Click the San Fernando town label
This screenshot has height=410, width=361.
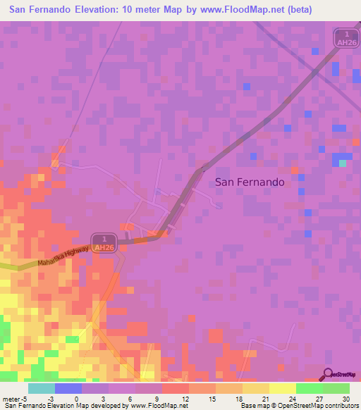250,182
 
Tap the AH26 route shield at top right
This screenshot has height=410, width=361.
343,38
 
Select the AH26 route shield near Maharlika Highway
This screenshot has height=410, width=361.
103,243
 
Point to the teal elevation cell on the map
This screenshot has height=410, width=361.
343,163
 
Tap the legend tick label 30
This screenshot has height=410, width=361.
345,399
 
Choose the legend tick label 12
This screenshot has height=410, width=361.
184,399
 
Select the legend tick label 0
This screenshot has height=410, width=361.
76,399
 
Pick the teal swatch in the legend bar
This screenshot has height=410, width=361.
41,388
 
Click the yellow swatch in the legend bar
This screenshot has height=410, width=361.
282,388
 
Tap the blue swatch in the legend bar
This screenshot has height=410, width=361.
68,388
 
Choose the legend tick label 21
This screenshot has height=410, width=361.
264,399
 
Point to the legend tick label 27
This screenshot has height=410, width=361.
318,399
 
